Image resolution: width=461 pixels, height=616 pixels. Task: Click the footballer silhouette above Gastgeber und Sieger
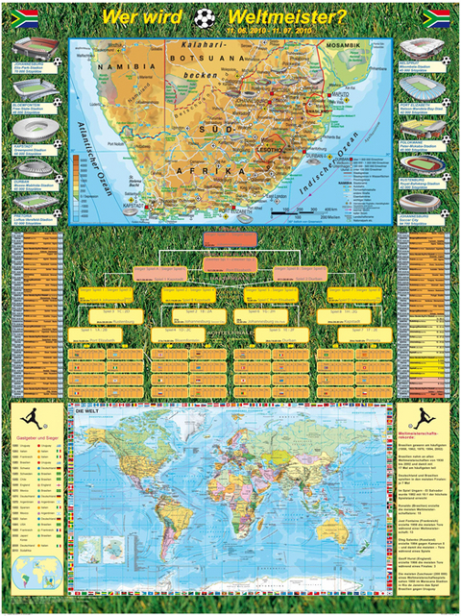tap(34, 421)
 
